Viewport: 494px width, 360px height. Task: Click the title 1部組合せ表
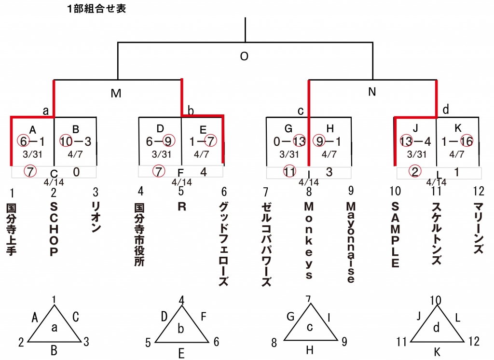click(x=96, y=9)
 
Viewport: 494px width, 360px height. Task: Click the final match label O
click(x=244, y=56)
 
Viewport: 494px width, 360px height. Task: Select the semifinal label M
click(x=116, y=93)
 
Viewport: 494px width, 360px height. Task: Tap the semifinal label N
click(x=372, y=92)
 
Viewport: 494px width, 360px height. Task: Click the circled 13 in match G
click(x=299, y=141)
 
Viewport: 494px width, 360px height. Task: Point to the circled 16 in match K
click(x=467, y=141)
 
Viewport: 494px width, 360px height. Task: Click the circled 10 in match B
click(x=67, y=141)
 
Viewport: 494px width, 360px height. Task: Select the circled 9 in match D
click(x=168, y=141)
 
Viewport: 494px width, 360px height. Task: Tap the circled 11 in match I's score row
click(x=289, y=171)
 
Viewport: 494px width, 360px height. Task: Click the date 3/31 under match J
click(x=416, y=154)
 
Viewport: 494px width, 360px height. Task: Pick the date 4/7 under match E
click(x=201, y=154)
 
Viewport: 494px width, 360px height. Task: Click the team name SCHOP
click(x=54, y=229)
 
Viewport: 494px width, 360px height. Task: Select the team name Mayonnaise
click(x=351, y=242)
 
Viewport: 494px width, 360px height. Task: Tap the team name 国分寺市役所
click(x=139, y=235)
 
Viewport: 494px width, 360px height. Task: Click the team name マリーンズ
click(x=478, y=228)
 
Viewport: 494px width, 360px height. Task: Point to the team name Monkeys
click(x=309, y=240)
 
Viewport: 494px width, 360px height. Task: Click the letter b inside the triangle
click(x=180, y=329)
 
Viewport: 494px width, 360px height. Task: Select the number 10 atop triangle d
click(x=436, y=301)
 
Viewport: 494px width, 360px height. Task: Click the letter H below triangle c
click(x=309, y=349)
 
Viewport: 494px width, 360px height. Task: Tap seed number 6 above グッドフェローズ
click(x=224, y=192)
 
